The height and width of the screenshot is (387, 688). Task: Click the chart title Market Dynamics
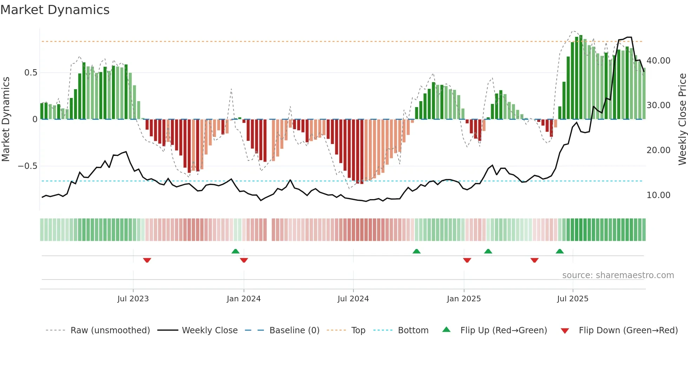55,10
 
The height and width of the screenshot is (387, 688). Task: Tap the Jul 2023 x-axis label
133,299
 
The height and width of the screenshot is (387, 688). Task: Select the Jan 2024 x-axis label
244,299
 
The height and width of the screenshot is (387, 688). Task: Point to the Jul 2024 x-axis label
353,299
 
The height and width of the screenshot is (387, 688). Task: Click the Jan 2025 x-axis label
464,299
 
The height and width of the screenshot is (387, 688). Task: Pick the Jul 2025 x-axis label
573,299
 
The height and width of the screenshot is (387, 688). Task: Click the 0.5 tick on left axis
31,73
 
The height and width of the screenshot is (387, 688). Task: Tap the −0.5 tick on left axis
28,166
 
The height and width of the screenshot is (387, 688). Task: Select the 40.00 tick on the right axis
659,61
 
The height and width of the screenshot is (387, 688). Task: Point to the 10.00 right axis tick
659,195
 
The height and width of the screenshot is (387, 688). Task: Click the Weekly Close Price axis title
682,119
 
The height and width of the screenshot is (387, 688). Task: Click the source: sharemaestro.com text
618,275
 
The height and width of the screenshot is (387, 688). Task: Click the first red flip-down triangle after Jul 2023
147,260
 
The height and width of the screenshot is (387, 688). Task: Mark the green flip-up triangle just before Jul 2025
560,251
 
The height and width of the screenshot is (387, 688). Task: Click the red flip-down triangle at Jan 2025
467,260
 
